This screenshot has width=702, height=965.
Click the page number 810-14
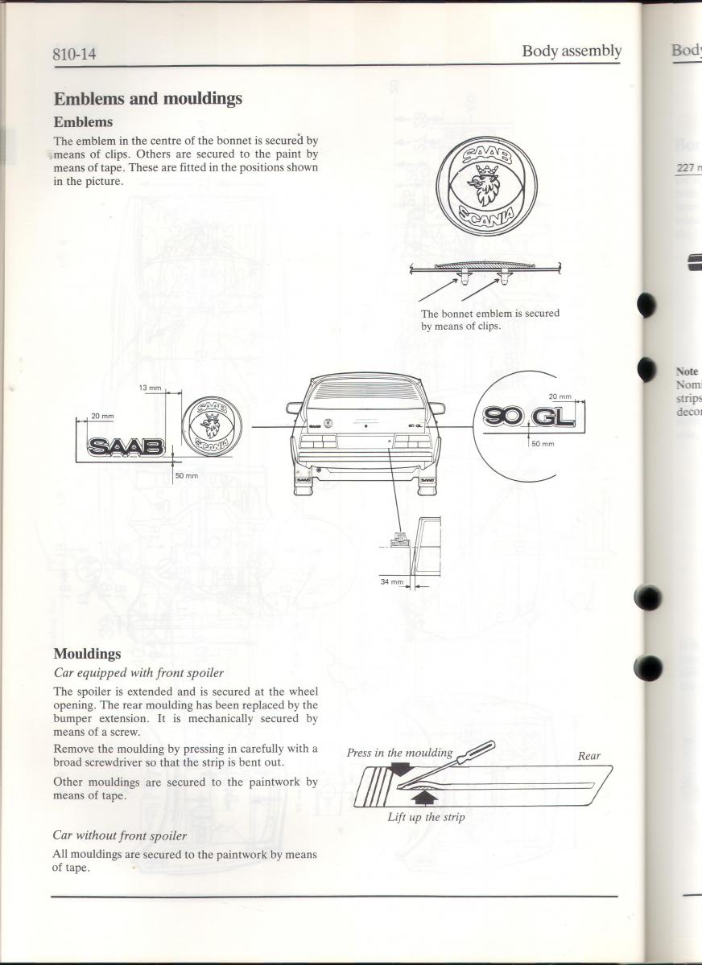point(81,55)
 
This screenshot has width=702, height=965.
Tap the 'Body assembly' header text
point(572,51)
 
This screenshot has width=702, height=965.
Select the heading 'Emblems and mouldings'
point(147,99)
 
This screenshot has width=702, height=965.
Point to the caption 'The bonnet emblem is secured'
point(489,314)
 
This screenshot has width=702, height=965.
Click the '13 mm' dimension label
point(151,388)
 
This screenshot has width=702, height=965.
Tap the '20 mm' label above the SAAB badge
point(102,416)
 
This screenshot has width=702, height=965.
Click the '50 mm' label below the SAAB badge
point(187,476)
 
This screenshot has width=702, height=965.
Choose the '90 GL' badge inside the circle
point(530,417)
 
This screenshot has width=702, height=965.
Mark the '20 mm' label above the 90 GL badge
point(560,396)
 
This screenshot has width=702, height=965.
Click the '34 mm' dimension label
point(391,581)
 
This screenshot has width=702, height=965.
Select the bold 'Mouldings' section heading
point(87,654)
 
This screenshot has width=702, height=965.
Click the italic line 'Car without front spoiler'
point(119,836)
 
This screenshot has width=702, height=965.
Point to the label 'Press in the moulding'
point(399,754)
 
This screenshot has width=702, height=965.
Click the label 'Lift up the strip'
point(426,817)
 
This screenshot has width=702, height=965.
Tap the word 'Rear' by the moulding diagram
point(588,756)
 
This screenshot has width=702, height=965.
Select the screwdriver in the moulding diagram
point(459,763)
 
